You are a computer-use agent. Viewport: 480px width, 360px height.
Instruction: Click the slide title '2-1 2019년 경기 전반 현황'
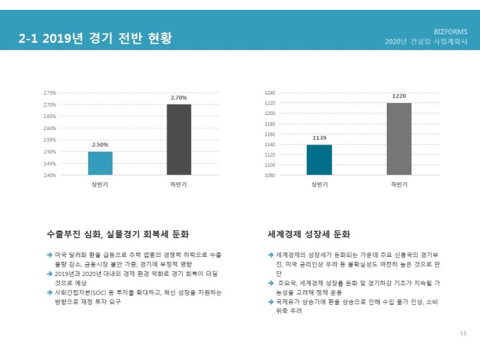pyautogui.click(x=95, y=38)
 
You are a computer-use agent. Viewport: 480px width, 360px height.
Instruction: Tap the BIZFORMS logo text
pyautogui.click(x=450, y=32)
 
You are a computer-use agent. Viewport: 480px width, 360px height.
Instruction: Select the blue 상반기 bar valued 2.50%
pyautogui.click(x=100, y=163)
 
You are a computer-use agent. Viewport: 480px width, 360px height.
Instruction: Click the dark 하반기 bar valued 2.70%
pyautogui.click(x=179, y=140)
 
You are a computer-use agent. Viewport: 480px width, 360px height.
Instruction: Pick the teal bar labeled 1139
pyautogui.click(x=319, y=160)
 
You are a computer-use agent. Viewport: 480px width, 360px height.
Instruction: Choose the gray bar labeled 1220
pyautogui.click(x=399, y=139)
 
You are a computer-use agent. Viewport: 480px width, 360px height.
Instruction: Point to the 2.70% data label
pyautogui.click(x=179, y=97)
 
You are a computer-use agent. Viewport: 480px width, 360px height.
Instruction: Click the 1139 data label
pyautogui.click(x=319, y=138)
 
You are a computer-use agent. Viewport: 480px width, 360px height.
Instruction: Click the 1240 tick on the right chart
pyautogui.click(x=270, y=92)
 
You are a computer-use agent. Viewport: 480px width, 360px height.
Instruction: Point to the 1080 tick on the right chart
pyautogui.click(x=270, y=175)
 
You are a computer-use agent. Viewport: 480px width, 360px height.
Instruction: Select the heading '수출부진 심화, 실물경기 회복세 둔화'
pyautogui.click(x=117, y=234)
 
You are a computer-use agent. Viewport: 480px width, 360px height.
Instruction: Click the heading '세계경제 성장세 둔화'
pyautogui.click(x=309, y=234)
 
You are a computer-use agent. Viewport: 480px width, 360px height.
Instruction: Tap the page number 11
pyautogui.click(x=463, y=333)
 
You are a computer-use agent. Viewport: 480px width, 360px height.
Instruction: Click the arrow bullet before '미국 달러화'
pyautogui.click(x=49, y=253)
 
